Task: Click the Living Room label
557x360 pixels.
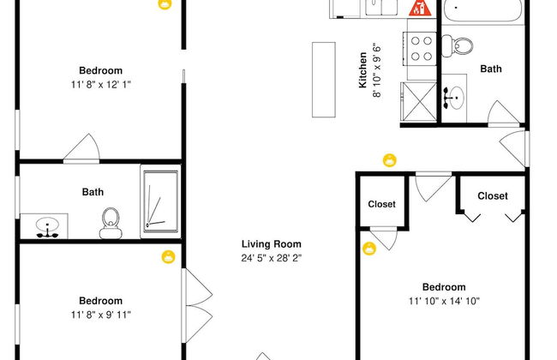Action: (272, 244)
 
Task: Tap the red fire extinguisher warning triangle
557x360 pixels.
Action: (420, 9)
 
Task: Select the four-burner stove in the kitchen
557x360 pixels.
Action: (420, 49)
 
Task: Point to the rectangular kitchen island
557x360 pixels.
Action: (324, 80)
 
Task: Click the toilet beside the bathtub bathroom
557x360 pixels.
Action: (457, 45)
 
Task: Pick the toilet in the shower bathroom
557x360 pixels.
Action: (111, 223)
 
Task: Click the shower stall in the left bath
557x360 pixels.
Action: (160, 201)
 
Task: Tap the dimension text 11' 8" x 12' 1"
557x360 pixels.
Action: (101, 85)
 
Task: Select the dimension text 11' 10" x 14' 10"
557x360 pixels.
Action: (444, 301)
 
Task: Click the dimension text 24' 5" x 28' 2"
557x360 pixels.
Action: (272, 258)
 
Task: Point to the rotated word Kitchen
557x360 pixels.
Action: (362, 70)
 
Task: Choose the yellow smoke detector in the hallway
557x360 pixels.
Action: (390, 160)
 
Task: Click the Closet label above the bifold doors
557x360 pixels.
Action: (493, 195)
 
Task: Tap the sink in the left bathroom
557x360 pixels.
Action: (47, 227)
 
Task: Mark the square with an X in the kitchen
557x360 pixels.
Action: (420, 102)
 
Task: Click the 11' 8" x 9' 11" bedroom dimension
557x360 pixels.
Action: (101, 315)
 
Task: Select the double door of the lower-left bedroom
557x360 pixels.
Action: (197, 306)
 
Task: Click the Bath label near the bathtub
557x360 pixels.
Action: (491, 69)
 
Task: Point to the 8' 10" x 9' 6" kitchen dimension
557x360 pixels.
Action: (376, 70)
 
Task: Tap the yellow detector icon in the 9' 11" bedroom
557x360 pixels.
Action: (168, 256)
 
